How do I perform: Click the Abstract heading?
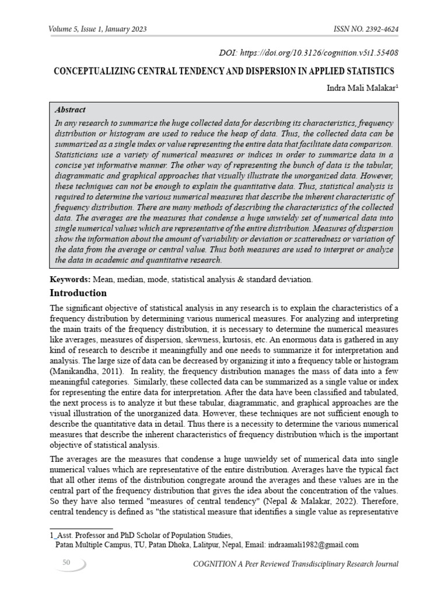click(70, 110)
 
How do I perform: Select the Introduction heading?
click(78, 293)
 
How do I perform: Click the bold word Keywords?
click(67, 279)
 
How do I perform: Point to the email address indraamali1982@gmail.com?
click(313, 545)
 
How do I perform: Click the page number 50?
click(66, 562)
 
